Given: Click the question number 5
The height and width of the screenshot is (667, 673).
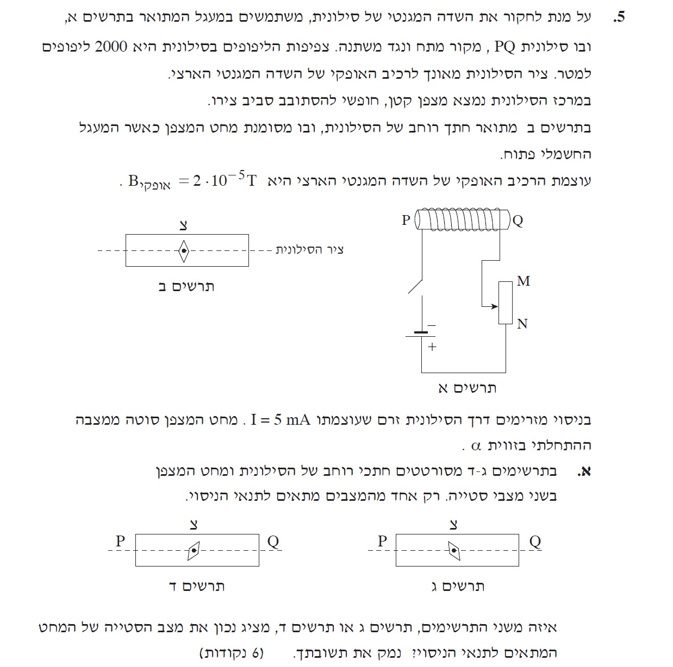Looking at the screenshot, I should [x=619, y=17].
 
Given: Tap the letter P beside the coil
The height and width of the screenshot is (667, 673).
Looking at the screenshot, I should [x=406, y=220].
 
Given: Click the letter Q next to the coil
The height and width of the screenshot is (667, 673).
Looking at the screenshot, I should [x=518, y=221].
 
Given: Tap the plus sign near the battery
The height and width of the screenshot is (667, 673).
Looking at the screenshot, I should [x=432, y=347].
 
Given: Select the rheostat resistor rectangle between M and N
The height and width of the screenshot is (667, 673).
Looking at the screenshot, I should [x=506, y=303].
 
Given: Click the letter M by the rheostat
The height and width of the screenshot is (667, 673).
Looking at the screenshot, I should [x=523, y=281].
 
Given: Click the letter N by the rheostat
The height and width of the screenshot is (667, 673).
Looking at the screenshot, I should [x=522, y=324].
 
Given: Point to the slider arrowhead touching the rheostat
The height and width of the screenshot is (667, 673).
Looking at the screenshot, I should [x=495, y=306].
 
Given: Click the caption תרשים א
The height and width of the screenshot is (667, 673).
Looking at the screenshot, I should [x=467, y=388].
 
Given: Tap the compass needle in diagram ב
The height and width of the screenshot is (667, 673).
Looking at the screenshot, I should [x=184, y=250].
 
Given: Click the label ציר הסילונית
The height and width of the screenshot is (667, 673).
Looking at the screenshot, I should [x=309, y=249].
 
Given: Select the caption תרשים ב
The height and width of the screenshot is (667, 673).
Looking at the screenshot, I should [x=186, y=286].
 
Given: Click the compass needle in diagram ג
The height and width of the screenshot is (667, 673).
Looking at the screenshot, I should [x=454, y=550].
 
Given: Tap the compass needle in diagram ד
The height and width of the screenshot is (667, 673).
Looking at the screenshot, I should [x=194, y=550].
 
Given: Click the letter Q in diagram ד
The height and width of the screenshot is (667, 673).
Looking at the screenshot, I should [x=273, y=541].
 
